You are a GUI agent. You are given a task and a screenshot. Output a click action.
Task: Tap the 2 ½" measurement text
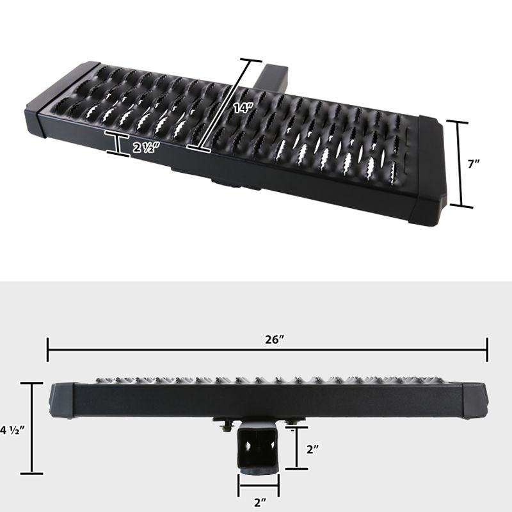(x=146, y=146)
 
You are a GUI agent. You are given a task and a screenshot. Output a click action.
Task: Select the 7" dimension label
(x=474, y=164)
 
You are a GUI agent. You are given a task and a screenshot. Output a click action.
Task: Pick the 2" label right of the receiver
(x=312, y=449)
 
